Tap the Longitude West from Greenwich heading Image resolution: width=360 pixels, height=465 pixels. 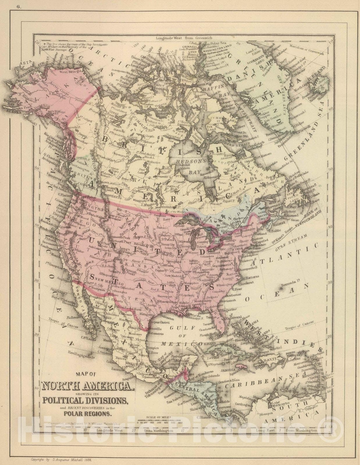pos(184,38)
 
